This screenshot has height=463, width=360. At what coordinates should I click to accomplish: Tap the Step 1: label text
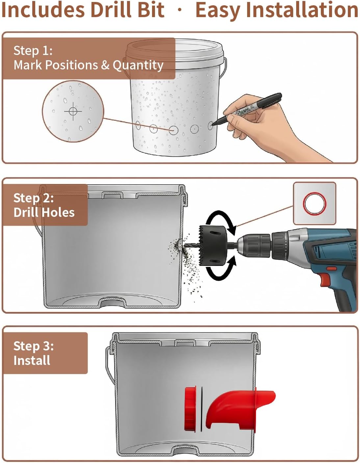(x=33, y=51)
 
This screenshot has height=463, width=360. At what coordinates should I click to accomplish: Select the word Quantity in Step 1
(x=138, y=65)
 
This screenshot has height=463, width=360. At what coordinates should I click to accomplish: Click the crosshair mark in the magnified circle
(x=73, y=111)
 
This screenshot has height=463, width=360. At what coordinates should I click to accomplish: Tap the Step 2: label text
(x=34, y=198)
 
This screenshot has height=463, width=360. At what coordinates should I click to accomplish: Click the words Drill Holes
(x=44, y=213)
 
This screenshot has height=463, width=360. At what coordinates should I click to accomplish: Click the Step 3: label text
(x=34, y=346)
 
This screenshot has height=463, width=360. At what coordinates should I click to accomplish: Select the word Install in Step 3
(x=32, y=361)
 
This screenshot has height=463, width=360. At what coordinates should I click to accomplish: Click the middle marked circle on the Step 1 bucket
(x=173, y=130)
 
